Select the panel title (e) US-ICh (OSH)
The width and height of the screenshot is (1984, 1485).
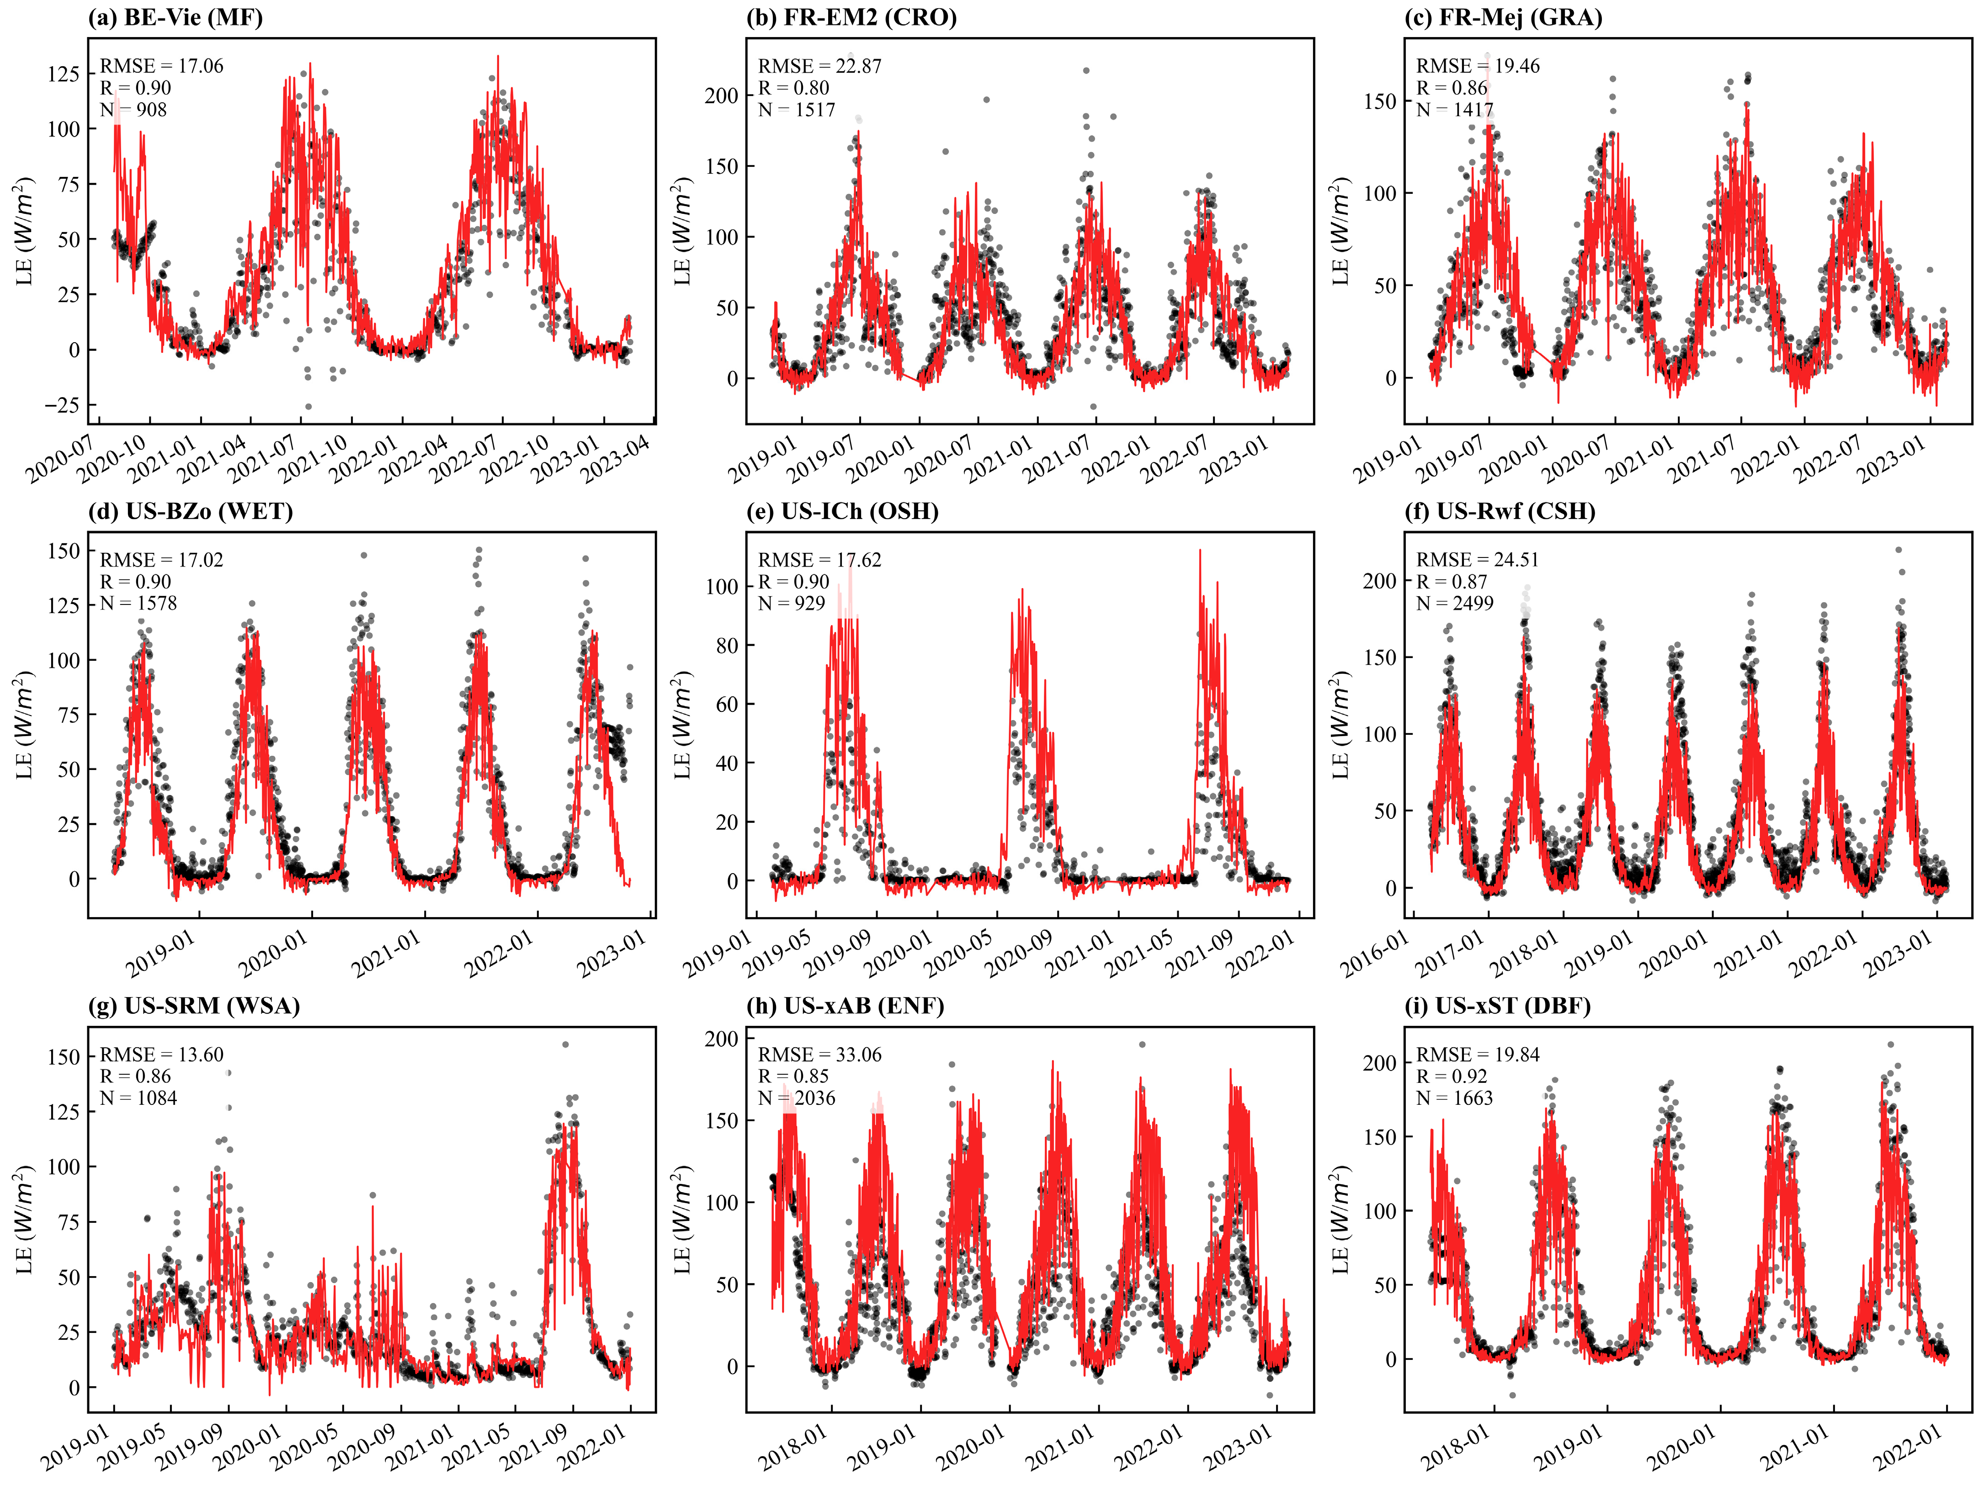[842, 511]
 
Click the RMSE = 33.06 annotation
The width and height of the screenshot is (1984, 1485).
[819, 1055]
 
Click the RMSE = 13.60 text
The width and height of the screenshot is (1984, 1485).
[161, 1055]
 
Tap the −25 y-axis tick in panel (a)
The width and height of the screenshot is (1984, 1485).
[63, 405]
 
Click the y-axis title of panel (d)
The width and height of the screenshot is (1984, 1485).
[24, 725]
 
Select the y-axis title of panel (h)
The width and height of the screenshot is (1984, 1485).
[682, 1220]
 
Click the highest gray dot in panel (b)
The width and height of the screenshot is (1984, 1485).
[1086, 70]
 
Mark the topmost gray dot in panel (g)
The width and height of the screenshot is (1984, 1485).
[565, 1044]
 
